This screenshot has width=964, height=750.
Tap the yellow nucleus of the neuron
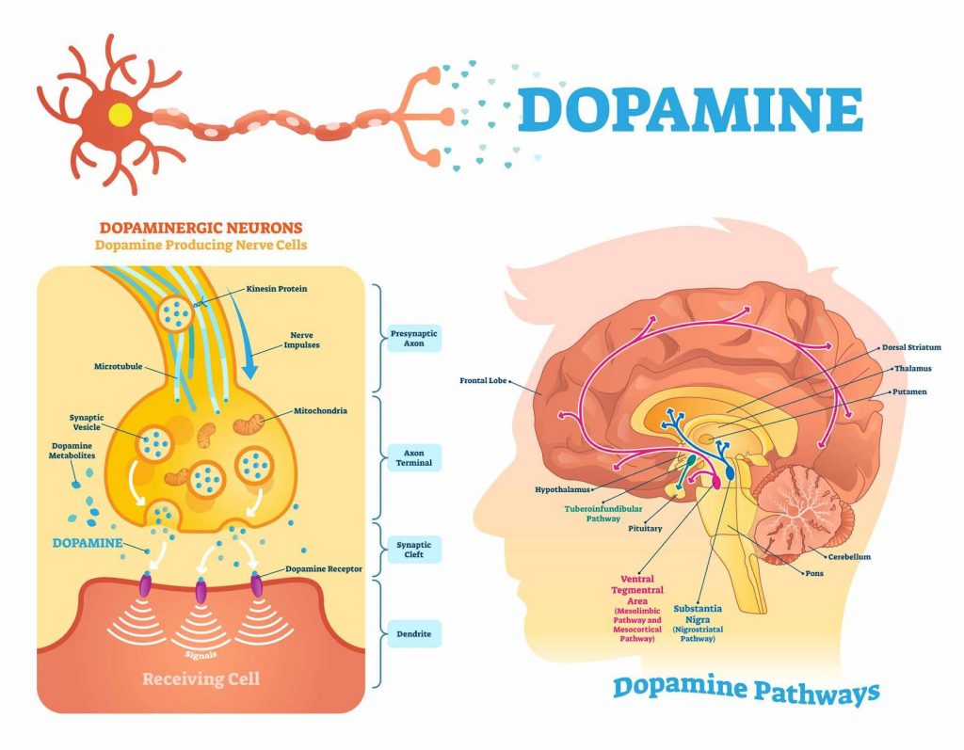[120, 114]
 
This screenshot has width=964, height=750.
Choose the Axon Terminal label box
[413, 458]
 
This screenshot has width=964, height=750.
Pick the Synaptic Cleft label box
[413, 549]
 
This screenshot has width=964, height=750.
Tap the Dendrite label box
[413, 634]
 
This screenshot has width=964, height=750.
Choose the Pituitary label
[645, 529]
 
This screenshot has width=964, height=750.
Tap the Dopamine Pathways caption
[746, 690]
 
